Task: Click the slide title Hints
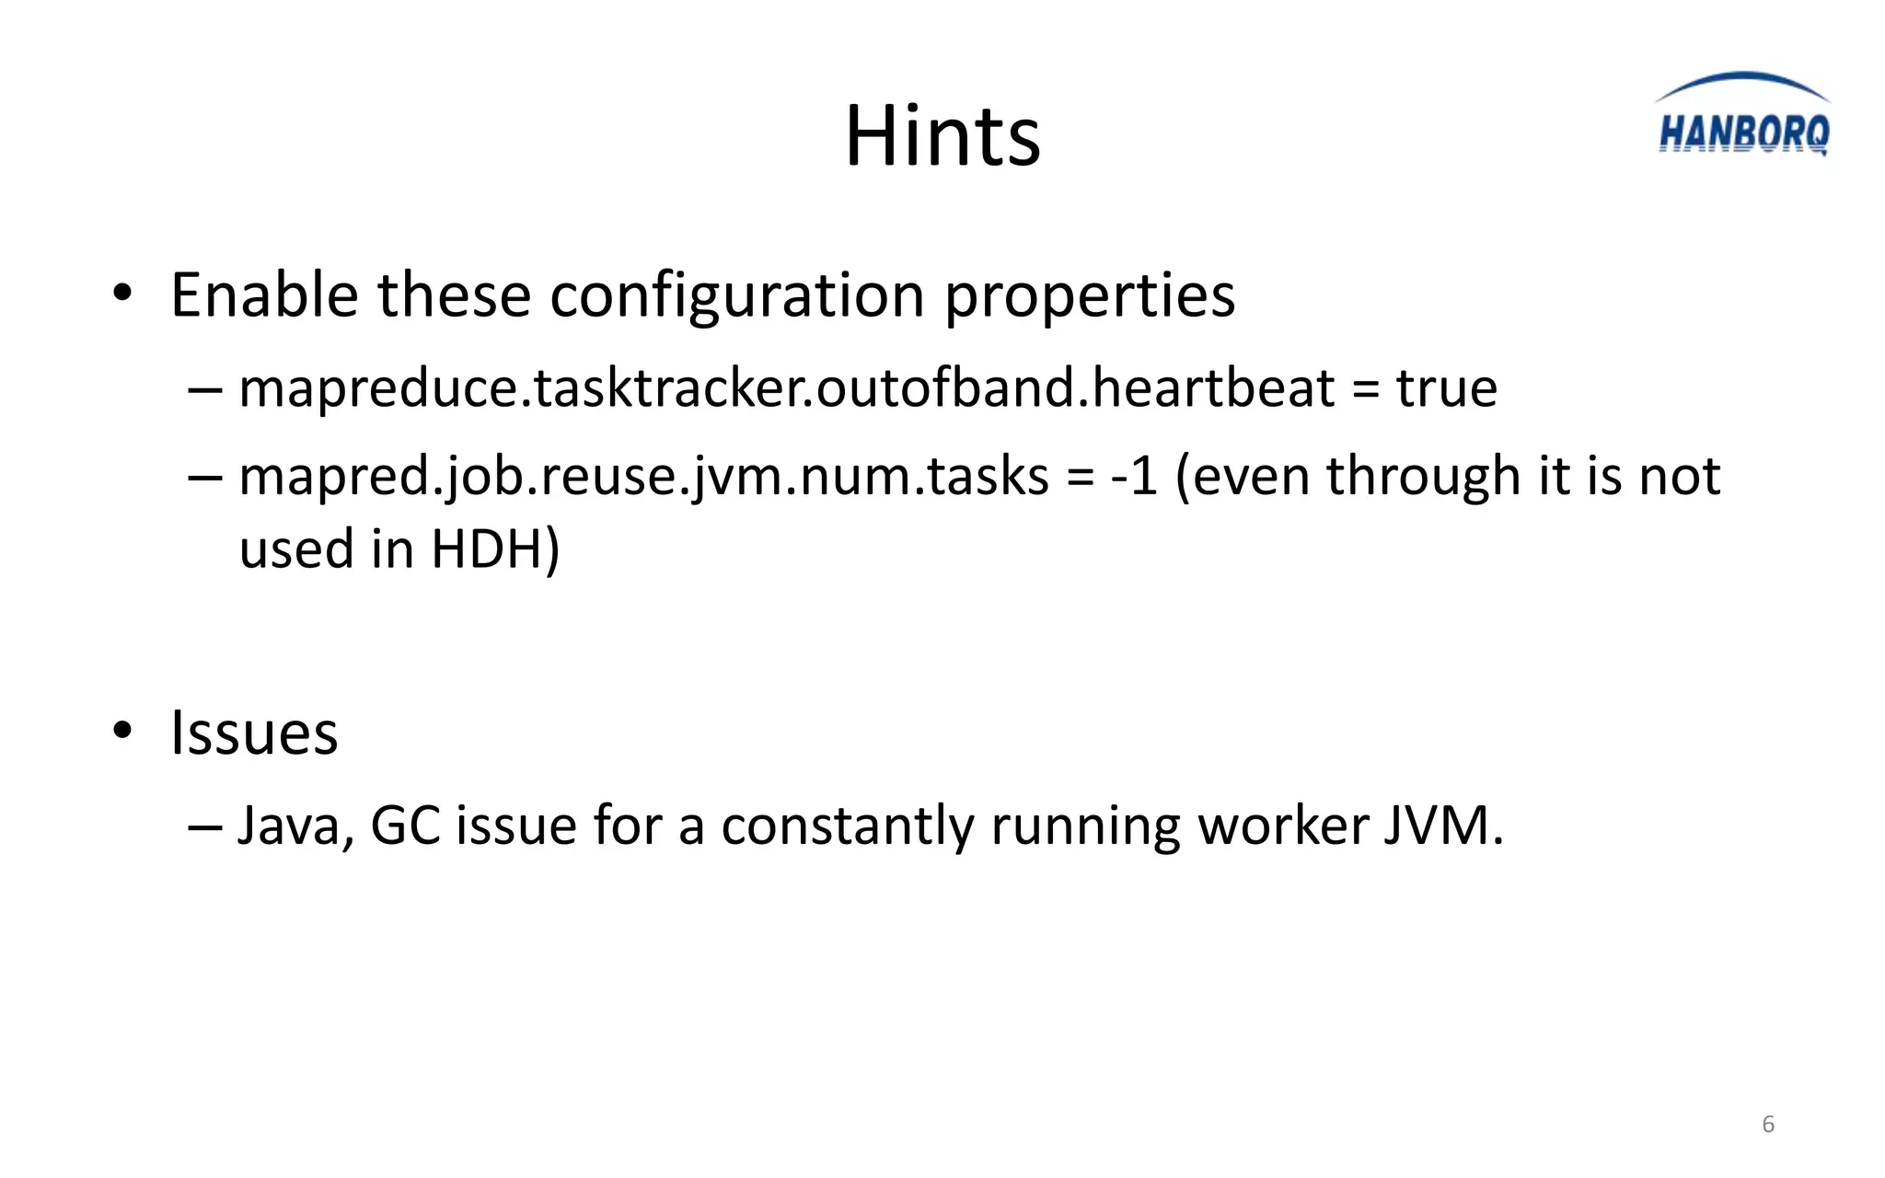942,136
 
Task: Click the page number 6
1768,1124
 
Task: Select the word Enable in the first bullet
264,295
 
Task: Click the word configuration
736,297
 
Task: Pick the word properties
1090,297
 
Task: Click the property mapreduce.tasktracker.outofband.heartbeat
786,387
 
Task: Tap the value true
1446,387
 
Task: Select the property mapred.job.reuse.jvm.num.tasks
643,477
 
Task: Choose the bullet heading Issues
254,733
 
